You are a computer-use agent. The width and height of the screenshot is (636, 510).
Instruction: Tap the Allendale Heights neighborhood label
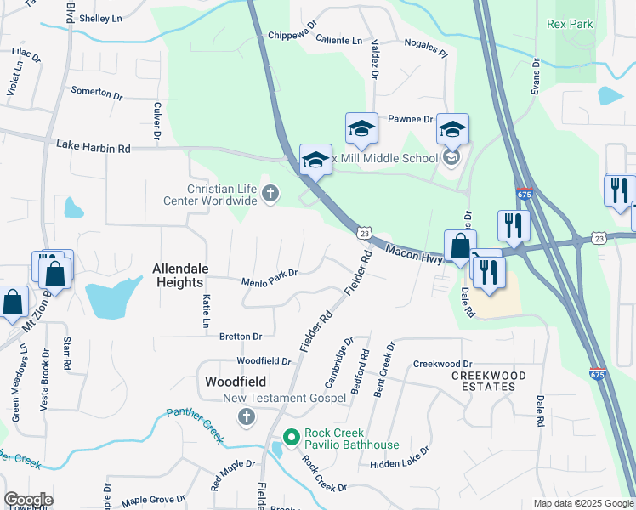[x=179, y=275]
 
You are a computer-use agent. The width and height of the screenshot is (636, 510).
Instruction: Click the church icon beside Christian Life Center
[x=270, y=194]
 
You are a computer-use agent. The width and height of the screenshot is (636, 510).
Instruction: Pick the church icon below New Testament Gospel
[x=247, y=416]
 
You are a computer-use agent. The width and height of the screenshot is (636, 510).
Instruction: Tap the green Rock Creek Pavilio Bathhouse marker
[x=291, y=437]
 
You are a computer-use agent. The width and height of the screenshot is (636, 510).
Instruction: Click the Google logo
[x=28, y=500]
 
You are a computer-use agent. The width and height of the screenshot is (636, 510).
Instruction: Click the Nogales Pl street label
[x=426, y=46]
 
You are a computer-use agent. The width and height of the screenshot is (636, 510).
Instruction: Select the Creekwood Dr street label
[x=442, y=364]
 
